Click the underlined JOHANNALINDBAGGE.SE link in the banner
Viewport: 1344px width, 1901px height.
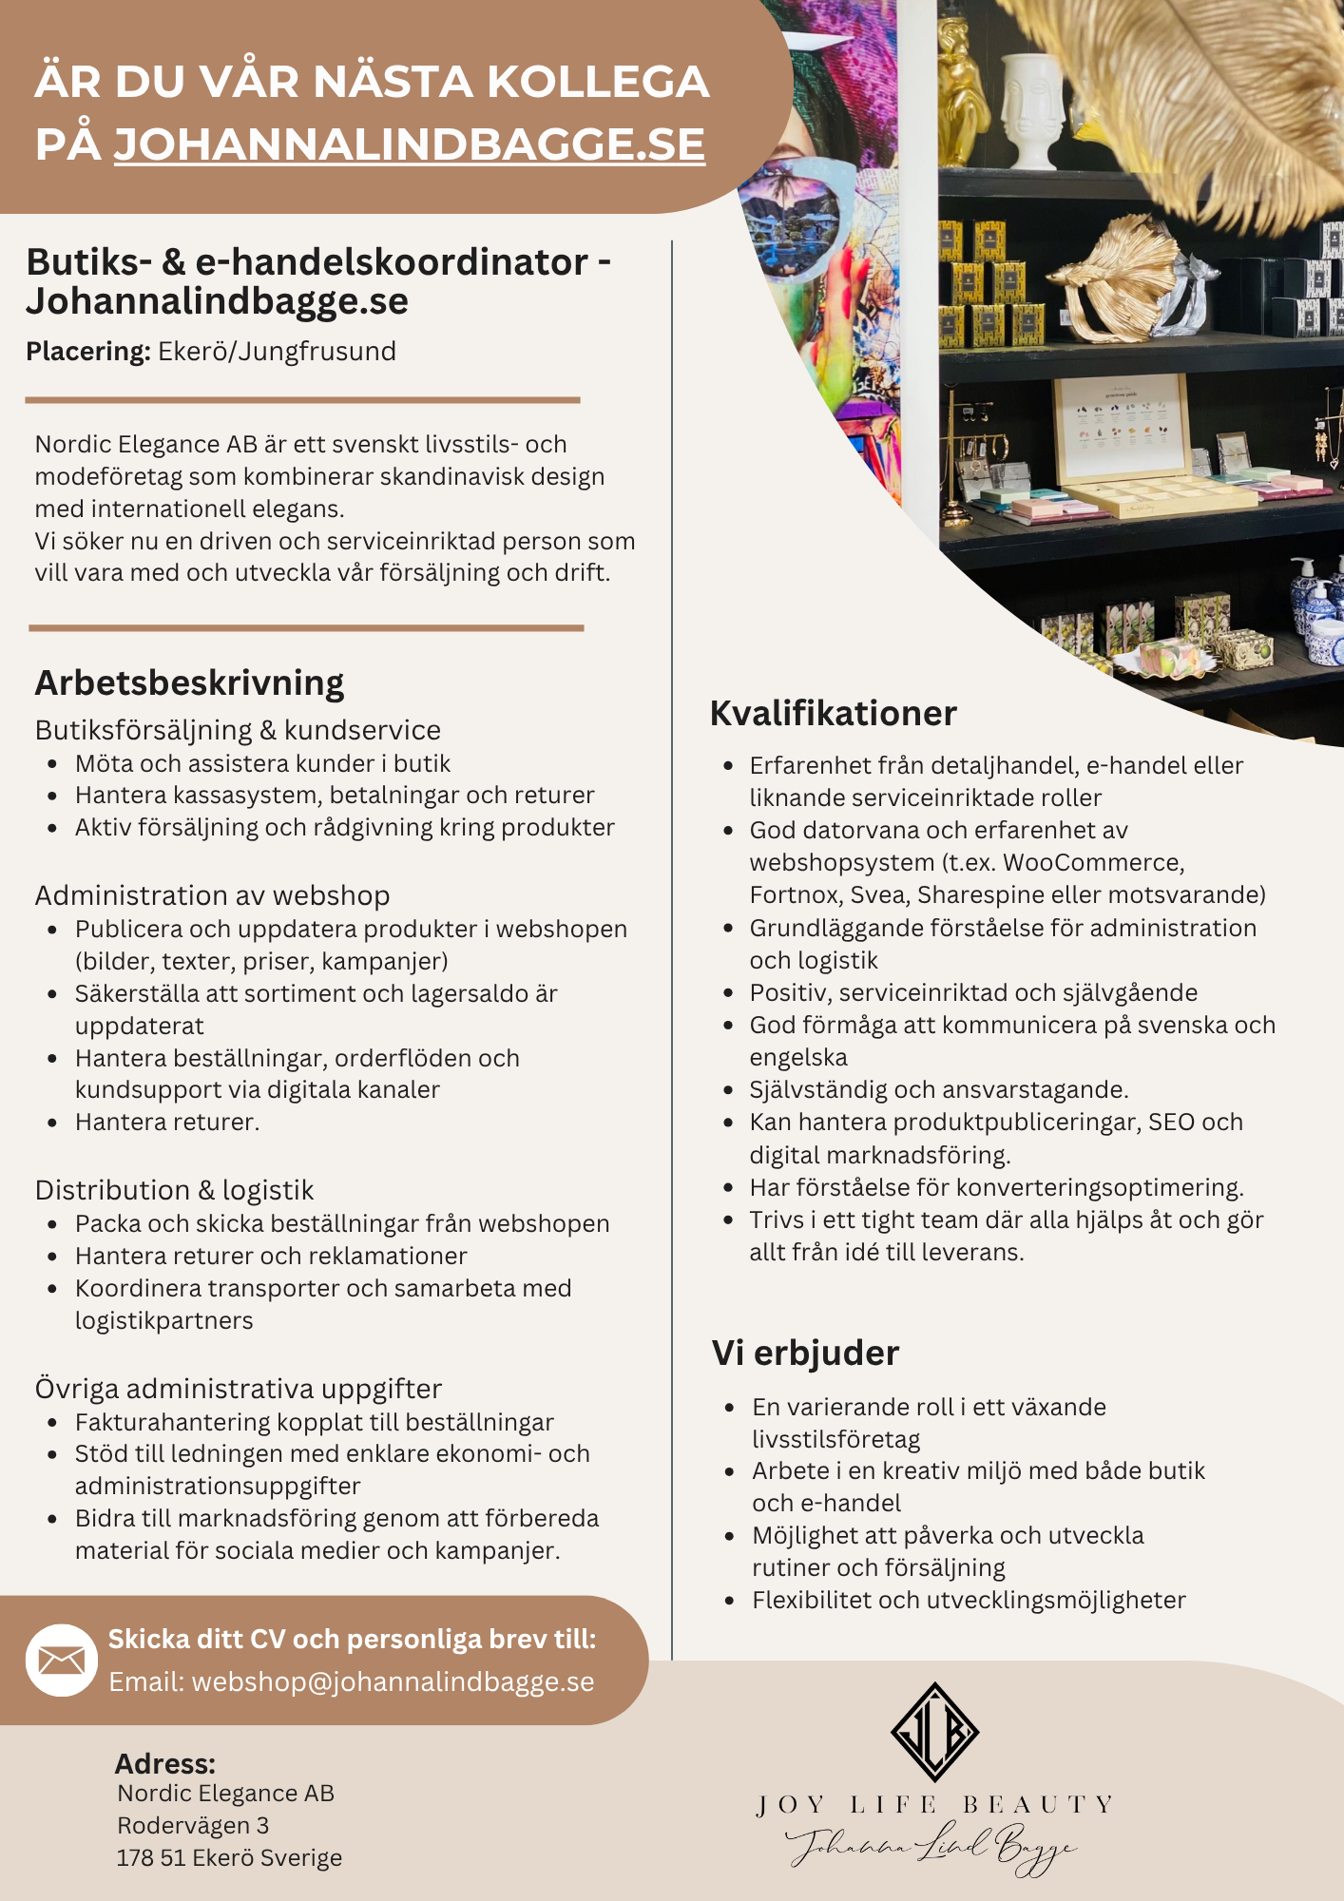(x=410, y=144)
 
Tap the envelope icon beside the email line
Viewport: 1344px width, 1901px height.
(x=62, y=1660)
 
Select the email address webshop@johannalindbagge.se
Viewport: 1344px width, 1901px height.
(x=393, y=1681)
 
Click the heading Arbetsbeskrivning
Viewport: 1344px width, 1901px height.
(x=189, y=682)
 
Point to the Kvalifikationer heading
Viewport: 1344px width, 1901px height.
(x=833, y=713)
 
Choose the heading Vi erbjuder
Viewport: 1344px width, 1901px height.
(x=805, y=1353)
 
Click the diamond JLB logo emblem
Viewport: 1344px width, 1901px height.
(x=934, y=1731)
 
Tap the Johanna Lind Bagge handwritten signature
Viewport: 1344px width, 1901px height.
(x=931, y=1846)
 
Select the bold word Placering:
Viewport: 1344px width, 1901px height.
(x=87, y=352)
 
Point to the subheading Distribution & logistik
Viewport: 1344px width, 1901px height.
(x=174, y=1190)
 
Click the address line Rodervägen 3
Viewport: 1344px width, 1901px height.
(x=193, y=1825)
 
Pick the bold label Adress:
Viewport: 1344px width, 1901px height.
(x=165, y=1764)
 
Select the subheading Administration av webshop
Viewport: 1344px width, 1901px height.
(x=212, y=895)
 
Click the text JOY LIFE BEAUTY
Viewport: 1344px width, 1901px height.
(x=934, y=1804)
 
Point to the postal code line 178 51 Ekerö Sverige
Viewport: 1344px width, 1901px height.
(x=229, y=1857)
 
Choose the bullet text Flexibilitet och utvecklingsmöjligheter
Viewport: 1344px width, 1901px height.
(x=969, y=1600)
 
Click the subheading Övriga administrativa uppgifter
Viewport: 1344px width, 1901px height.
(x=239, y=1389)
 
